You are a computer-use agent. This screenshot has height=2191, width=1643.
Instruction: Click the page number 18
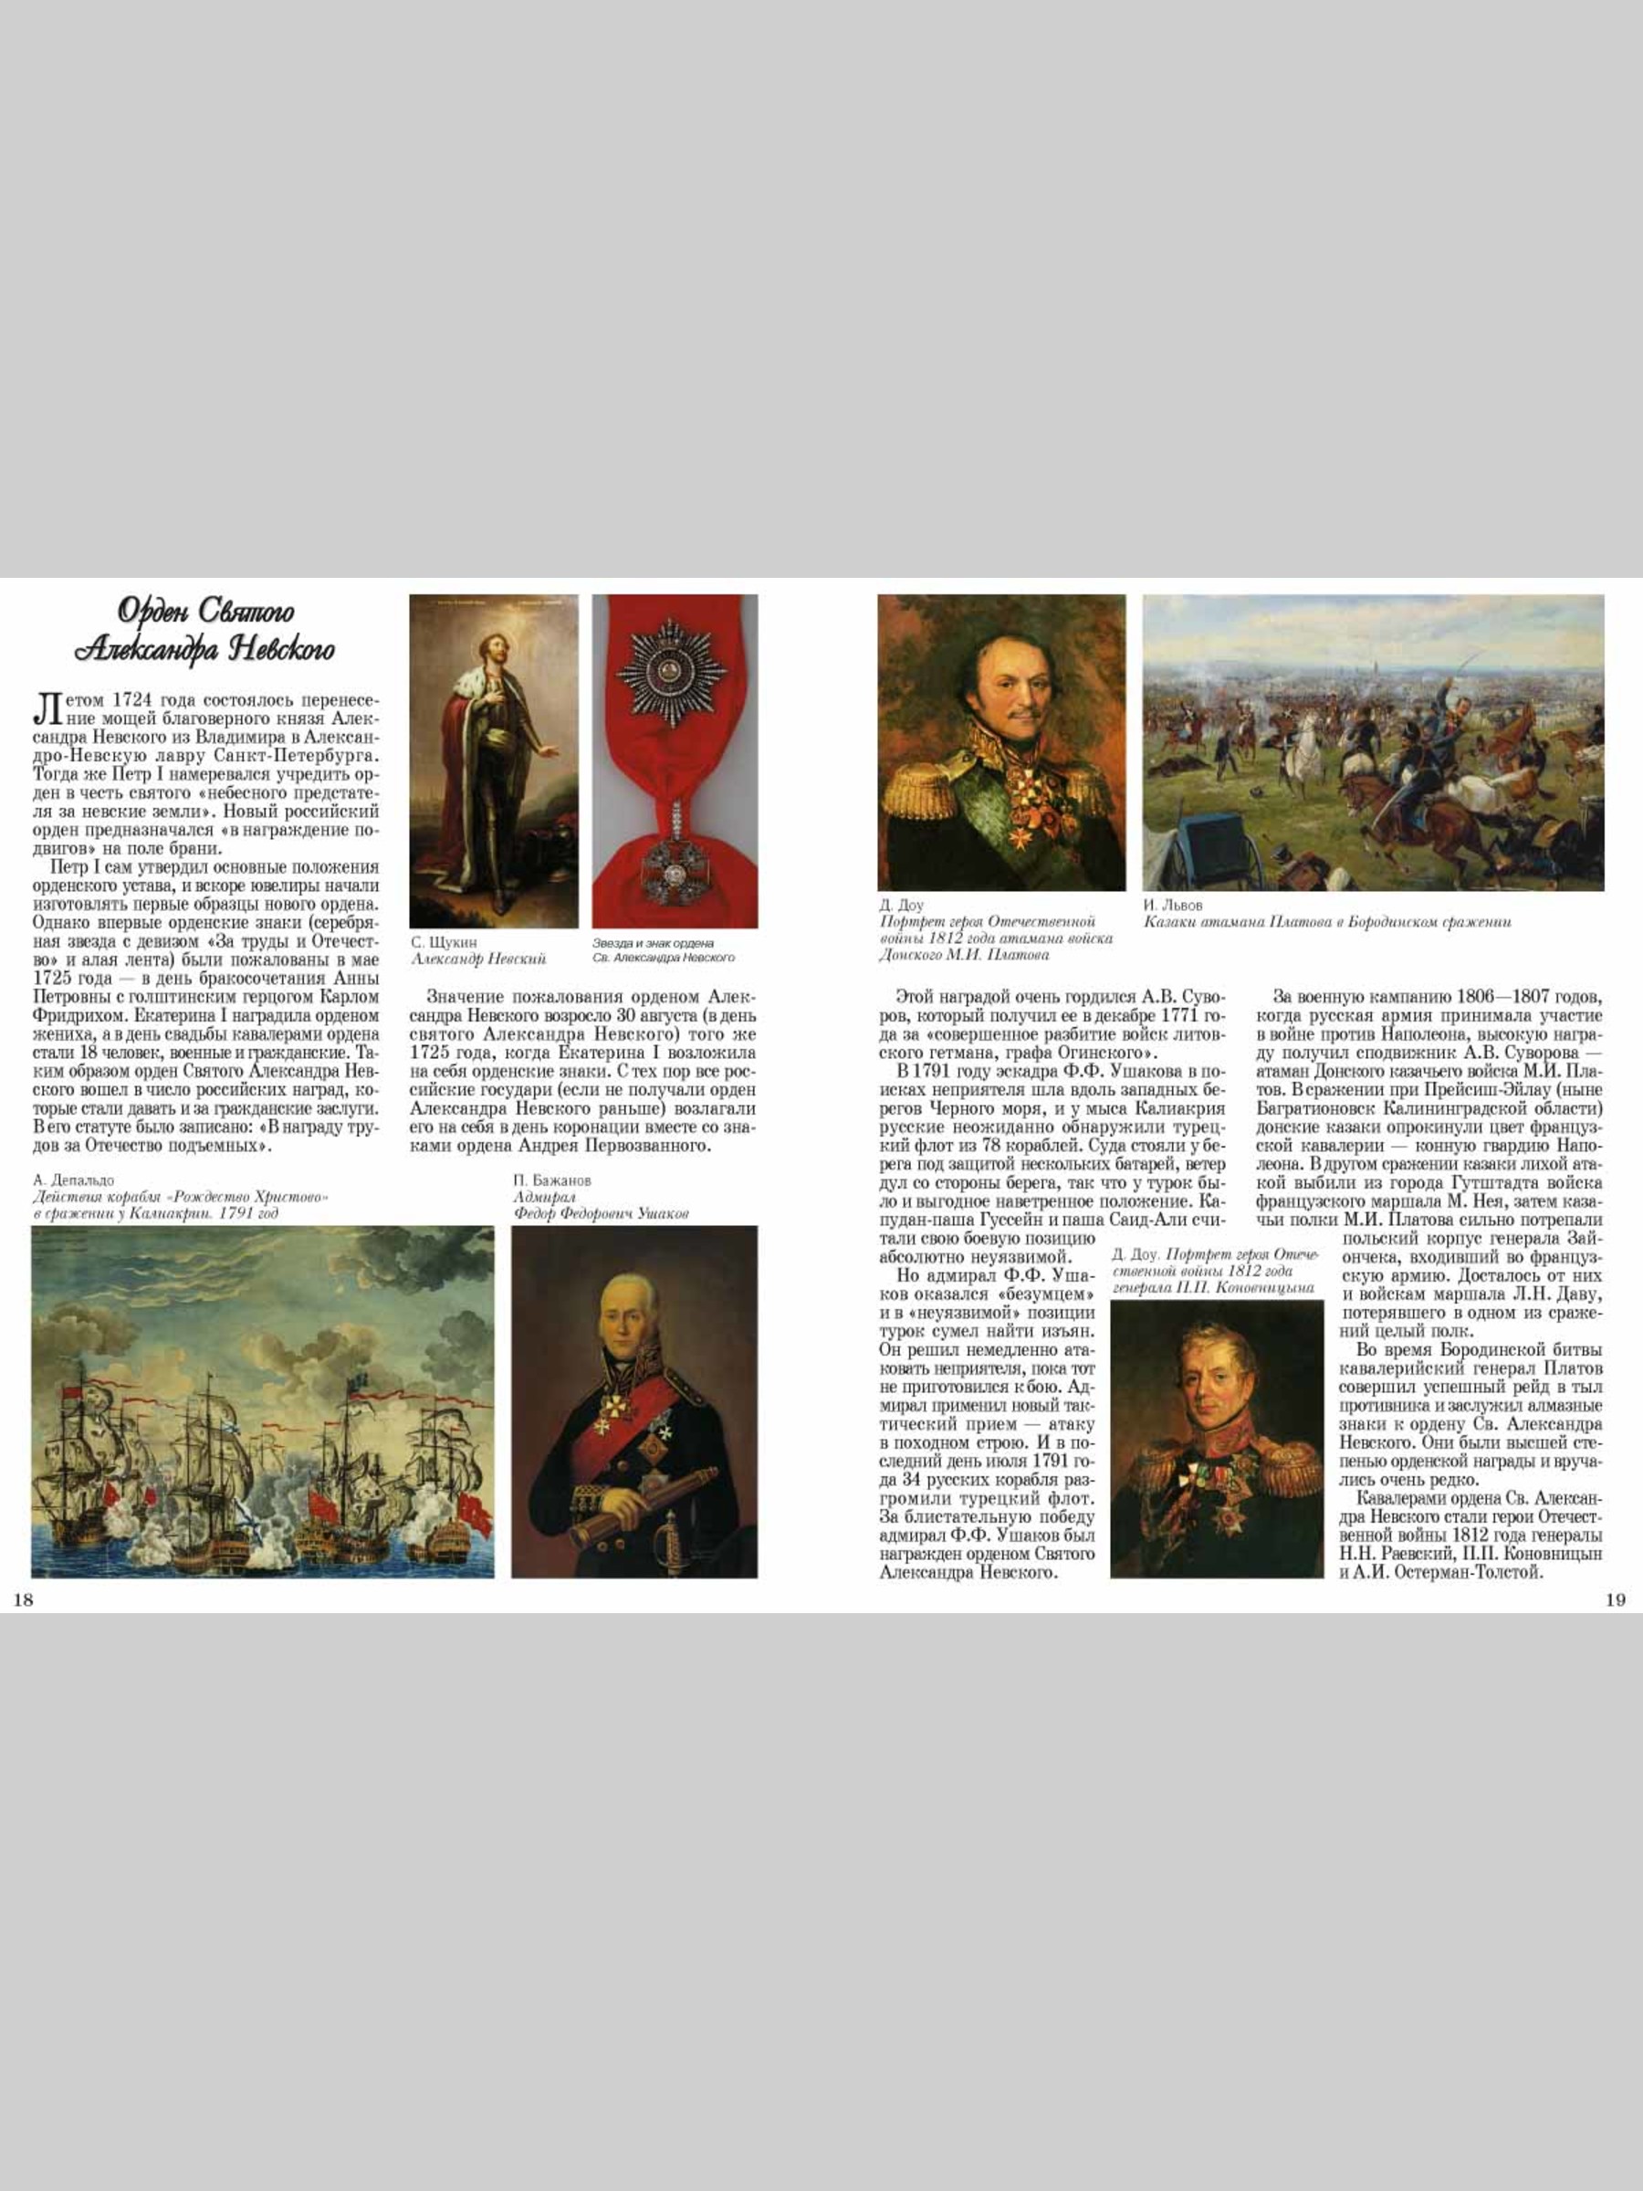click(22, 1599)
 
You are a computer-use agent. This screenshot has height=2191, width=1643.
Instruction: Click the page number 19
click(1615, 1599)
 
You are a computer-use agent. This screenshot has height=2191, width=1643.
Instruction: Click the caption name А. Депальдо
click(73, 1180)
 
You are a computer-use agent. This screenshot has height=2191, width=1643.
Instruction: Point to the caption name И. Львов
click(1173, 906)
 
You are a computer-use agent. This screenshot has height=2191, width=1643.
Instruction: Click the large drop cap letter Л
click(46, 708)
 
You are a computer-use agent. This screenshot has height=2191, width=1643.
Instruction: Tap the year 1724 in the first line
click(131, 700)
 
